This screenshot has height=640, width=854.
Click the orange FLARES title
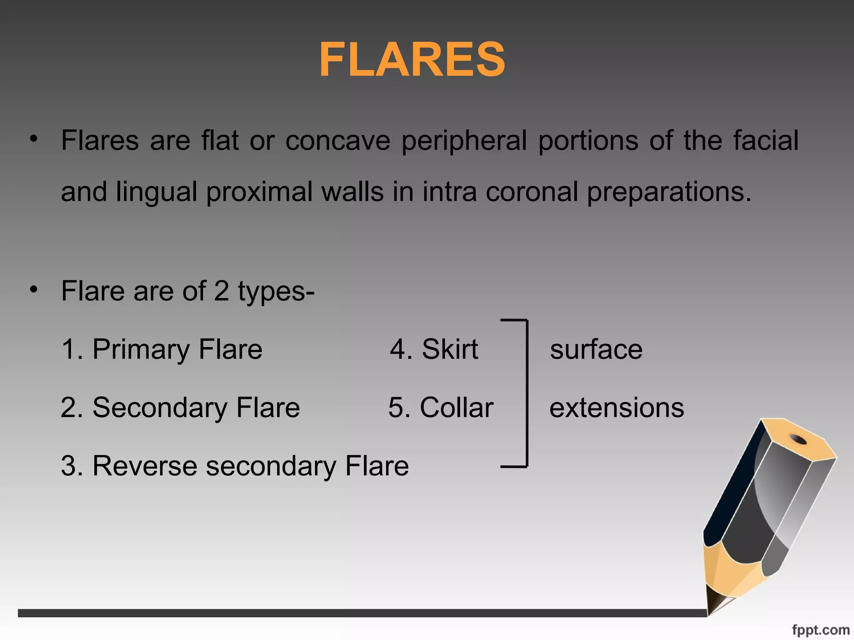click(x=412, y=60)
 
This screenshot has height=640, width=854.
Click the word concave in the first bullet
click(x=338, y=140)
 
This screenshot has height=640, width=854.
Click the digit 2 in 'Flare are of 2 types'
click(x=221, y=291)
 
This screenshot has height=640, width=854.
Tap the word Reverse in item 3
click(x=144, y=466)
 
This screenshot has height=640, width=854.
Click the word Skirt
click(x=450, y=349)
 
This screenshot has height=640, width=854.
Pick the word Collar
click(x=456, y=407)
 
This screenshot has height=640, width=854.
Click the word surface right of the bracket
click(x=596, y=349)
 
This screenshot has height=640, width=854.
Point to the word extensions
click(x=616, y=407)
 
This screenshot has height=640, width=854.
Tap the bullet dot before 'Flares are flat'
click(x=34, y=139)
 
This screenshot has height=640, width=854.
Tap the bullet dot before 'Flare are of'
click(x=34, y=289)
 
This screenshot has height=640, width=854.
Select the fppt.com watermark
click(x=820, y=630)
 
